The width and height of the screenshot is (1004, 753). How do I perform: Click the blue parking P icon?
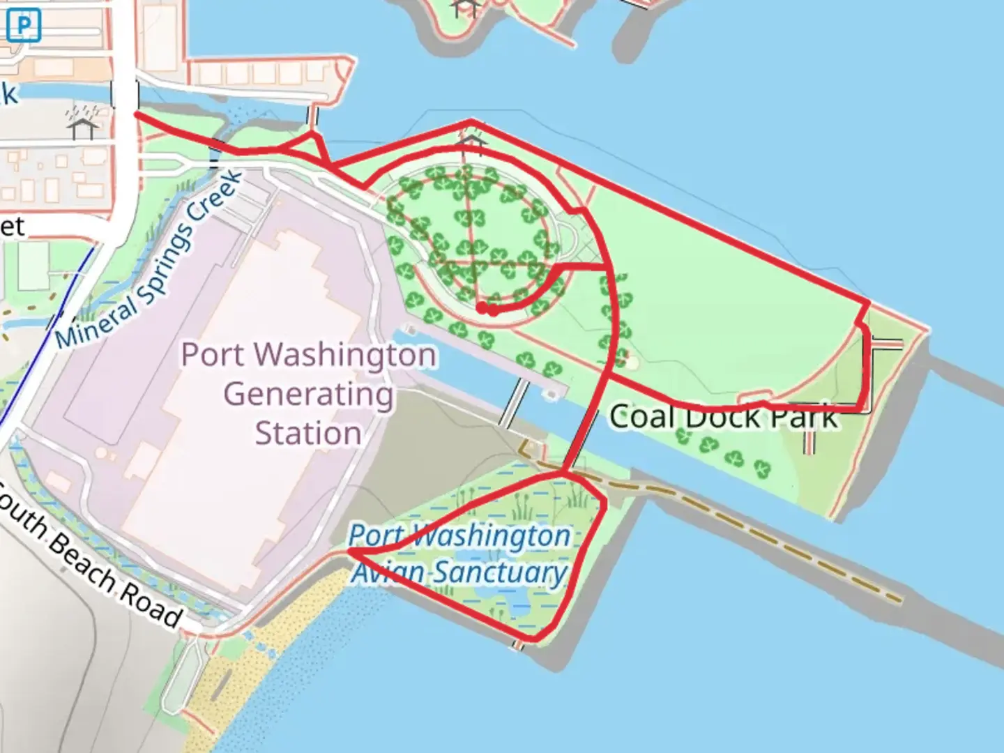pos(24,26)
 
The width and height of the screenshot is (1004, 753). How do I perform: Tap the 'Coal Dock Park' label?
pos(723,417)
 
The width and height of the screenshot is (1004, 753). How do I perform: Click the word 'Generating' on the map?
pos(308,395)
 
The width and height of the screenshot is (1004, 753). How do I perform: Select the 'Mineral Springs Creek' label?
pos(149,260)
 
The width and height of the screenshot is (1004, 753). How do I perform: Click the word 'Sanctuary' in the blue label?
pos(501,573)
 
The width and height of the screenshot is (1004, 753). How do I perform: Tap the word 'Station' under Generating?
pos(308,433)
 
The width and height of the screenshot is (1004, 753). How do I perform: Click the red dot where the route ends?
pos(482,307)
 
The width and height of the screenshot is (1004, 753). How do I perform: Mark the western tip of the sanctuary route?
pos(350,552)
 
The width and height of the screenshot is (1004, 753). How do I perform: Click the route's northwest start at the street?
pos(137,113)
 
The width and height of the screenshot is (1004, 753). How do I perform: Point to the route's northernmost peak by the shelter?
pos(471,122)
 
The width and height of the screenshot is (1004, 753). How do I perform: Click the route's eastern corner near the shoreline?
pos(867,303)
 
